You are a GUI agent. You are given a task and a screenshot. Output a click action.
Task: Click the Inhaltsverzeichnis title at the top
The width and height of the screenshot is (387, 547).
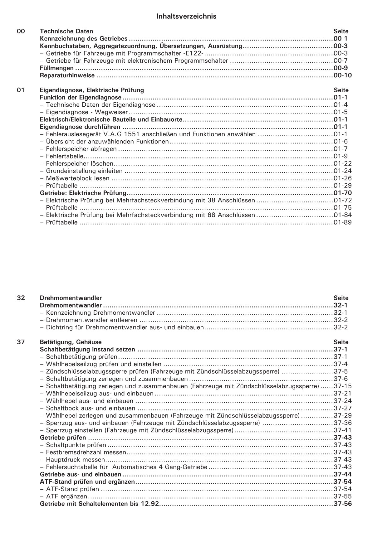[186, 17]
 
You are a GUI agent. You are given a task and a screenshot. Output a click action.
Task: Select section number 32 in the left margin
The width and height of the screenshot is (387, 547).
[21, 298]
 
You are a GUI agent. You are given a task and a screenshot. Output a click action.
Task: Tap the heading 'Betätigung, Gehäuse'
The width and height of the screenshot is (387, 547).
[71, 342]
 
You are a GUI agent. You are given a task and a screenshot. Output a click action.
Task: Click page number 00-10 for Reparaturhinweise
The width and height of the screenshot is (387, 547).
[342, 75]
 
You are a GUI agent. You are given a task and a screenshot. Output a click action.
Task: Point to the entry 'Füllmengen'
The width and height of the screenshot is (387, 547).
[57, 68]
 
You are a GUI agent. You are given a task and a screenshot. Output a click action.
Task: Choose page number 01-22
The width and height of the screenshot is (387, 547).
[342, 163]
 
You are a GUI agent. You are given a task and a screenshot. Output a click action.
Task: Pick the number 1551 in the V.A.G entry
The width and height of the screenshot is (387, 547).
[135, 134]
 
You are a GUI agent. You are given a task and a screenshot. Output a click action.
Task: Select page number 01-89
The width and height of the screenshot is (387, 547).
[342, 222]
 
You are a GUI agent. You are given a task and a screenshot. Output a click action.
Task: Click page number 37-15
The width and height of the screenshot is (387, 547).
[342, 386]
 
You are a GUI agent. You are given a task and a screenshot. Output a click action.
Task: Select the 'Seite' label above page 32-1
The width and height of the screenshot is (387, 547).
[341, 298]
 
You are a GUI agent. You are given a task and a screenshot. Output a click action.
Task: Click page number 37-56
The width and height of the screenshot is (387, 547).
[342, 504]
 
